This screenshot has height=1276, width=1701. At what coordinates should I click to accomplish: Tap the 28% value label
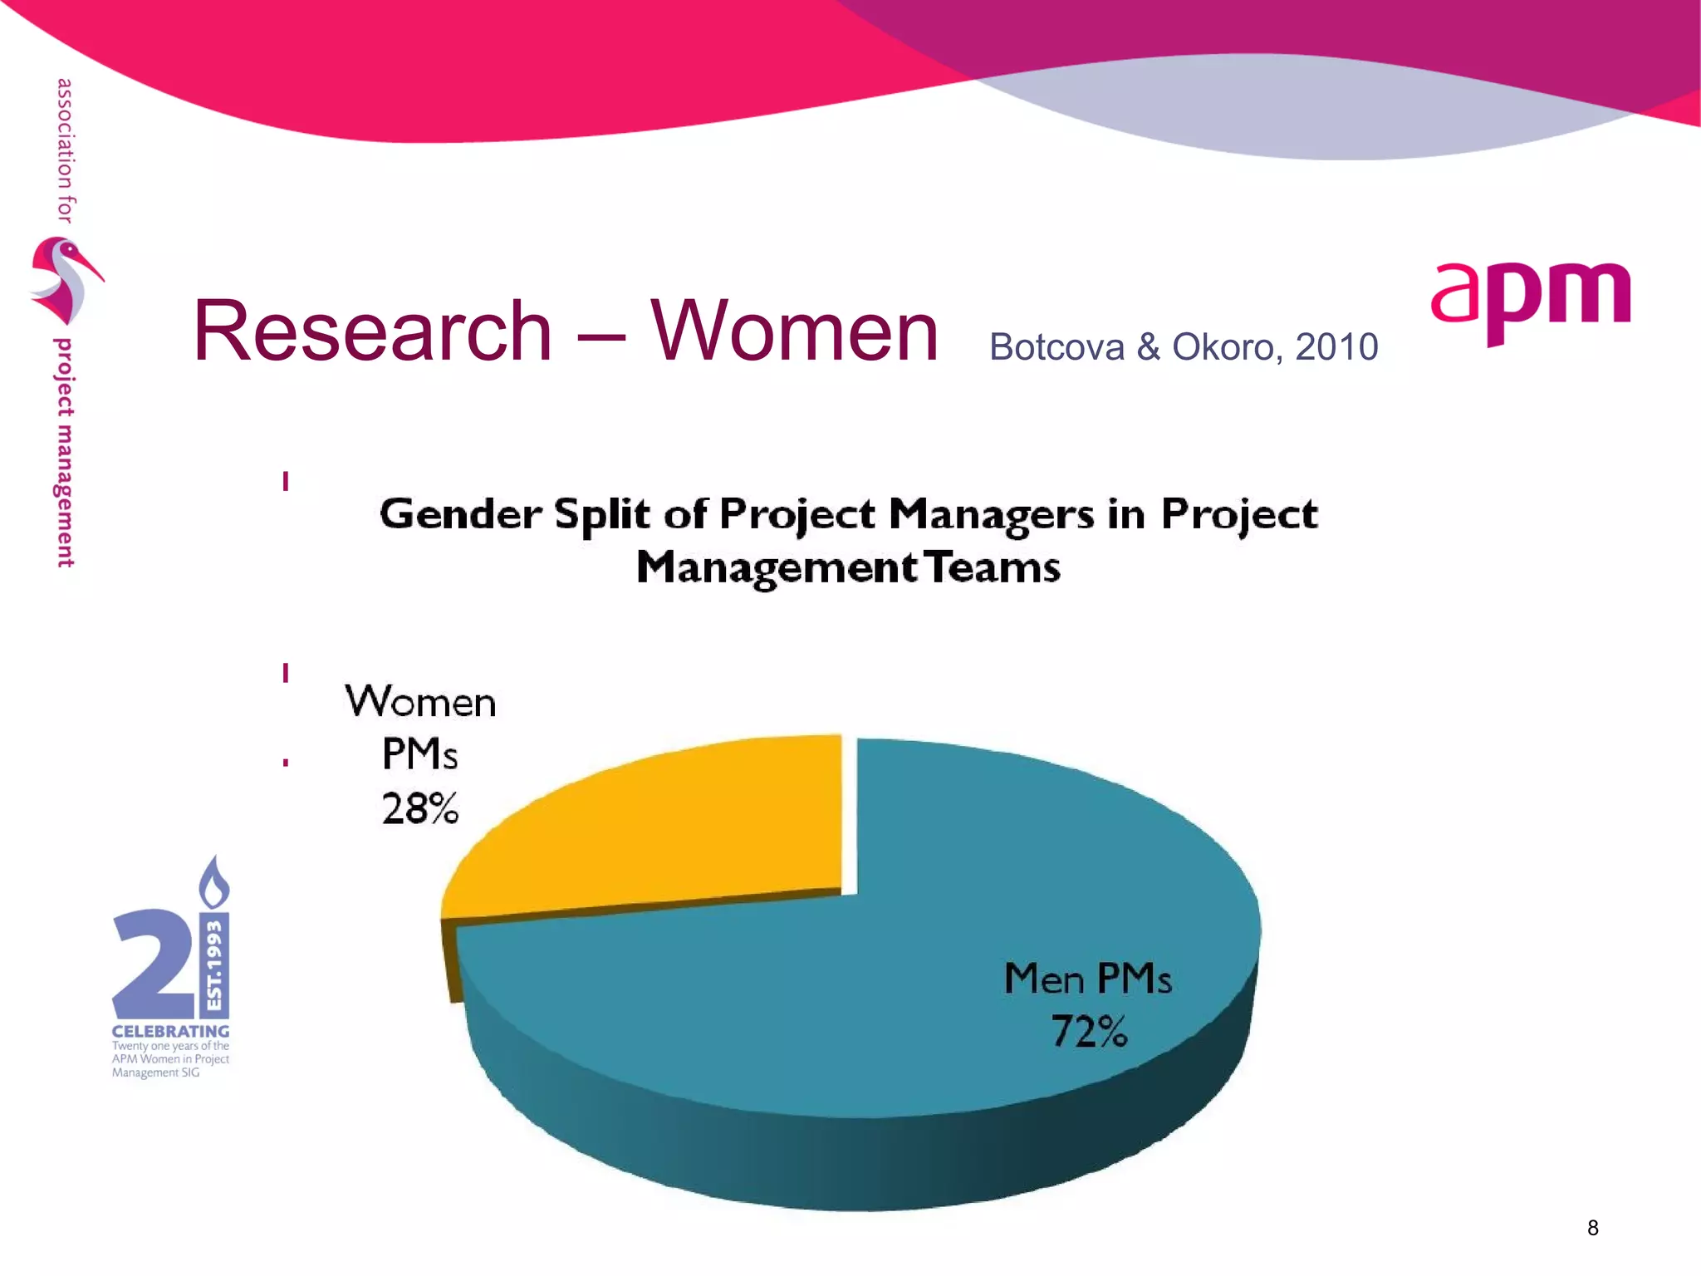point(420,808)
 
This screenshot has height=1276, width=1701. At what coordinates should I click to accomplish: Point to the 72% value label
point(1089,1032)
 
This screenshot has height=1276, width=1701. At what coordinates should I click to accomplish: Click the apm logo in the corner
point(1530,301)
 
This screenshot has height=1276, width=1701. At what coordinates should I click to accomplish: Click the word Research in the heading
point(372,331)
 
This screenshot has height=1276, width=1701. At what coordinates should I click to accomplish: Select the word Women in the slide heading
point(793,331)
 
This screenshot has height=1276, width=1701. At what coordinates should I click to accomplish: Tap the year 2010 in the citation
point(1336,347)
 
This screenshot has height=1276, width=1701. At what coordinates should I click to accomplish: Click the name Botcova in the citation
point(1056,347)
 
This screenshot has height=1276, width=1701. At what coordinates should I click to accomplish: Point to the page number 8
point(1592,1228)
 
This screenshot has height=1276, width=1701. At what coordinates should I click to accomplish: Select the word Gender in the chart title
point(460,514)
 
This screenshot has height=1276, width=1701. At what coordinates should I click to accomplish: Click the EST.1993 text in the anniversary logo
point(215,964)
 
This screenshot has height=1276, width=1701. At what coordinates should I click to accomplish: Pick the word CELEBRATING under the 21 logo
point(170,1031)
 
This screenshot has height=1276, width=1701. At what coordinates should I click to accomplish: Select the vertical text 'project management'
point(64,453)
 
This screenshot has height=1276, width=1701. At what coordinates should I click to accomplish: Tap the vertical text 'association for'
point(65,150)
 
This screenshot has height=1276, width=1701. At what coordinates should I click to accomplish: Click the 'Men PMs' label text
point(1087,979)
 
